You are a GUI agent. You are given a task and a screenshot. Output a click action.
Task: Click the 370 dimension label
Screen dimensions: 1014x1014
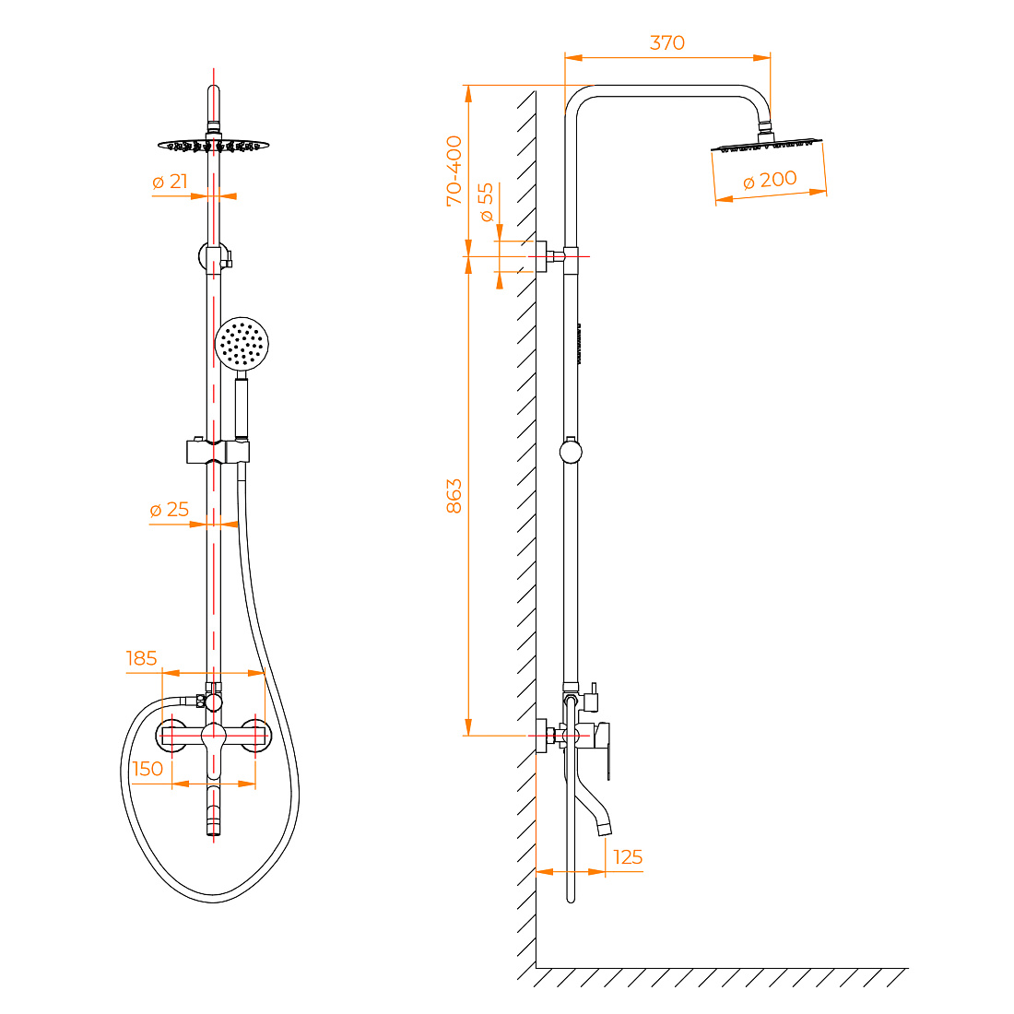[666, 42]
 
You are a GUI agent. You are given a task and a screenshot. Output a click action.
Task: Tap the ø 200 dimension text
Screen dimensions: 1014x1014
[770, 180]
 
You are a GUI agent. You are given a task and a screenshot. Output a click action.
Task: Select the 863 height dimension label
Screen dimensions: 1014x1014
[454, 496]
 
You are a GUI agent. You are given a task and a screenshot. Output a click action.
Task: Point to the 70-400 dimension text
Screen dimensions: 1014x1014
[454, 171]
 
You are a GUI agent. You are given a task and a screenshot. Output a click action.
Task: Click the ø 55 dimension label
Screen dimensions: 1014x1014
[486, 202]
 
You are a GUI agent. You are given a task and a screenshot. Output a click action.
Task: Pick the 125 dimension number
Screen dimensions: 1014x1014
[627, 857]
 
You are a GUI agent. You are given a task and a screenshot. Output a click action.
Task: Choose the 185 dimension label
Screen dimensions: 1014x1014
[142, 658]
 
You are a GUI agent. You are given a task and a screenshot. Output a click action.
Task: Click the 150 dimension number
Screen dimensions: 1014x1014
[147, 769]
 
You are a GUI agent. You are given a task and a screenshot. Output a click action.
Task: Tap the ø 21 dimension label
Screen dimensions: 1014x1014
[171, 182]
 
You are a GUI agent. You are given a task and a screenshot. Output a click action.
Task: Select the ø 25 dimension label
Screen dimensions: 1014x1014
[170, 510]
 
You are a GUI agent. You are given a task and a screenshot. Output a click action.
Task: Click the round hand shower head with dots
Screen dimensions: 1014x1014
[242, 343]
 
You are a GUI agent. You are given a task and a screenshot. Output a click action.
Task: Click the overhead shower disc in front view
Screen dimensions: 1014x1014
[214, 146]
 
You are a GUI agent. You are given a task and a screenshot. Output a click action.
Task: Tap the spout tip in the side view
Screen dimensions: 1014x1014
[604, 829]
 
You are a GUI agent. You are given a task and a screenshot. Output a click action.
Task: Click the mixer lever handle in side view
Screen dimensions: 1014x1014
[603, 750]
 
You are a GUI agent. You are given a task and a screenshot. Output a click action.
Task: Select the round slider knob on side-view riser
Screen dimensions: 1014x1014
[571, 452]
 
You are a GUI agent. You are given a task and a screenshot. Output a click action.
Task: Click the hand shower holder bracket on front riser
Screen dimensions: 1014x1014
[218, 452]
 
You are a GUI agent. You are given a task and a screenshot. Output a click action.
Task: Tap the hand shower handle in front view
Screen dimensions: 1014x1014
[242, 407]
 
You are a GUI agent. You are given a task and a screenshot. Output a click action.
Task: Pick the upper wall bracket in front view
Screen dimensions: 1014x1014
[215, 257]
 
